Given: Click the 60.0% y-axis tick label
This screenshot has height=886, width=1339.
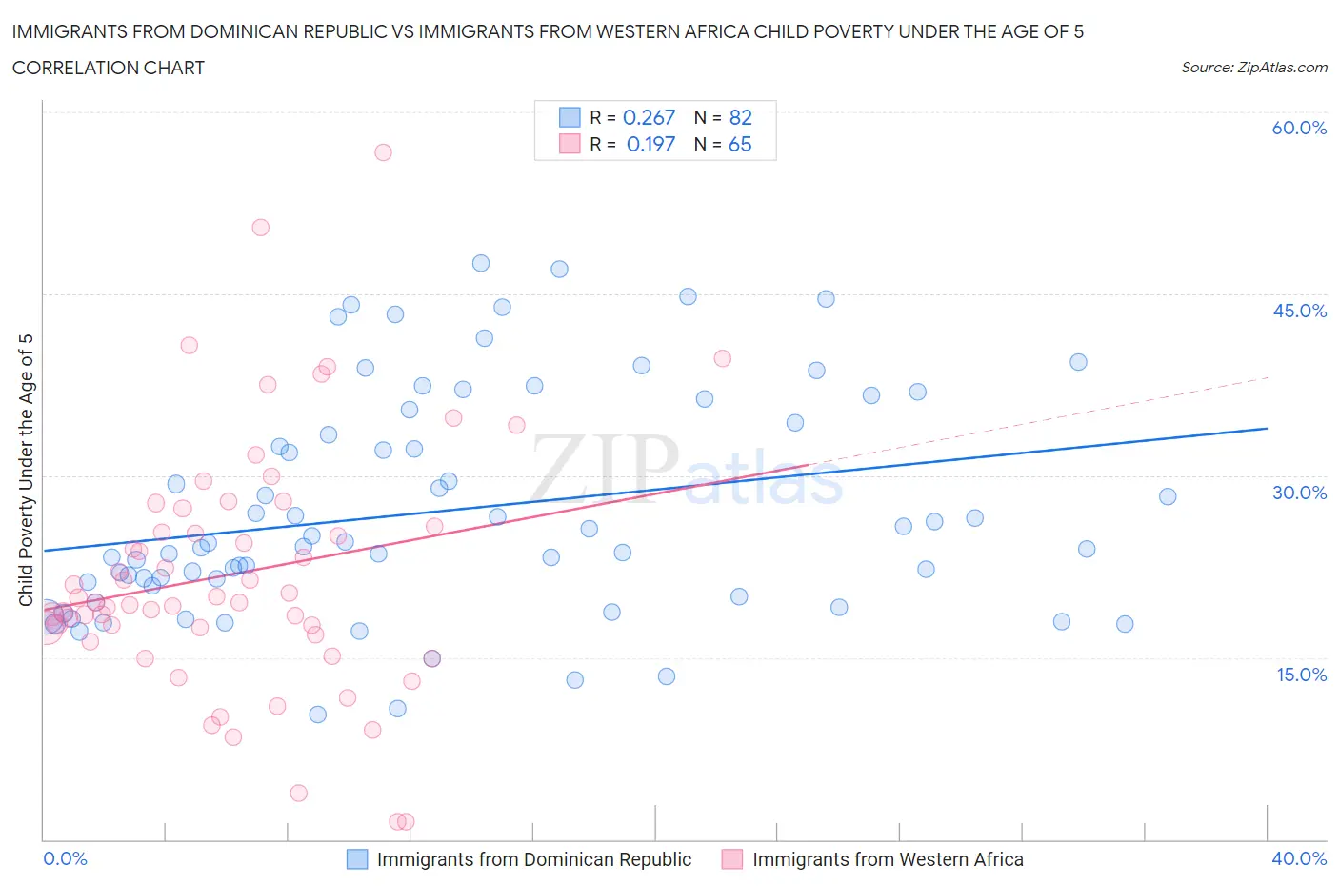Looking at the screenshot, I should click(x=1299, y=128).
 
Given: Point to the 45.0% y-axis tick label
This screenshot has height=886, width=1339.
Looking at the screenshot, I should click(x=1299, y=311).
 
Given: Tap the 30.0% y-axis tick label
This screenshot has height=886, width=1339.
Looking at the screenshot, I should click(x=1299, y=493).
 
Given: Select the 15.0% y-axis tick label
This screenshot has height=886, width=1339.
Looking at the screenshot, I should click(x=1299, y=675).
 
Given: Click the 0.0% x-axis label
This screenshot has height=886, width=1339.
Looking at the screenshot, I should click(x=65, y=858).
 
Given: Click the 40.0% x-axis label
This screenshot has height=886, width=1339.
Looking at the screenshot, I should click(x=1299, y=858).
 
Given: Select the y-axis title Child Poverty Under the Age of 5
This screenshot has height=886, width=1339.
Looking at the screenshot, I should click(x=26, y=470).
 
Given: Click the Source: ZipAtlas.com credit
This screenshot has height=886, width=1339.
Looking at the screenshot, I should click(x=1253, y=68).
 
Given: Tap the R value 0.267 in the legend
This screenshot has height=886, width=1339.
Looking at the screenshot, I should click(x=649, y=117).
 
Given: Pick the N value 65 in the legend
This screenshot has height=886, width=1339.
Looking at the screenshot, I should click(x=740, y=144).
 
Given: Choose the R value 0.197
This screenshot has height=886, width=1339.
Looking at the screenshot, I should click(x=650, y=144).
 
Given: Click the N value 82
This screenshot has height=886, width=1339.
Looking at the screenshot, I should click(x=740, y=117).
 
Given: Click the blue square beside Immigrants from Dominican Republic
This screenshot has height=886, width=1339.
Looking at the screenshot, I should click(x=357, y=859).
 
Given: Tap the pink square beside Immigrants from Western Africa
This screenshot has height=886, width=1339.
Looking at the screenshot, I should click(x=732, y=859).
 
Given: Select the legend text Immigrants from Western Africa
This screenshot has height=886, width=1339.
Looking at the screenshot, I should click(x=888, y=859).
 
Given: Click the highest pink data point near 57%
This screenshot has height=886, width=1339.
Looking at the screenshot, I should click(x=383, y=152).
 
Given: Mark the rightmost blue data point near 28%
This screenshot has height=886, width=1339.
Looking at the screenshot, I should click(x=1168, y=496).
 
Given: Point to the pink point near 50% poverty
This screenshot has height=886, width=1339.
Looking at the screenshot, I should click(x=260, y=228).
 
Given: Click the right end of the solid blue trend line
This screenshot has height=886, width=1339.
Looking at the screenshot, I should click(x=1267, y=429).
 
